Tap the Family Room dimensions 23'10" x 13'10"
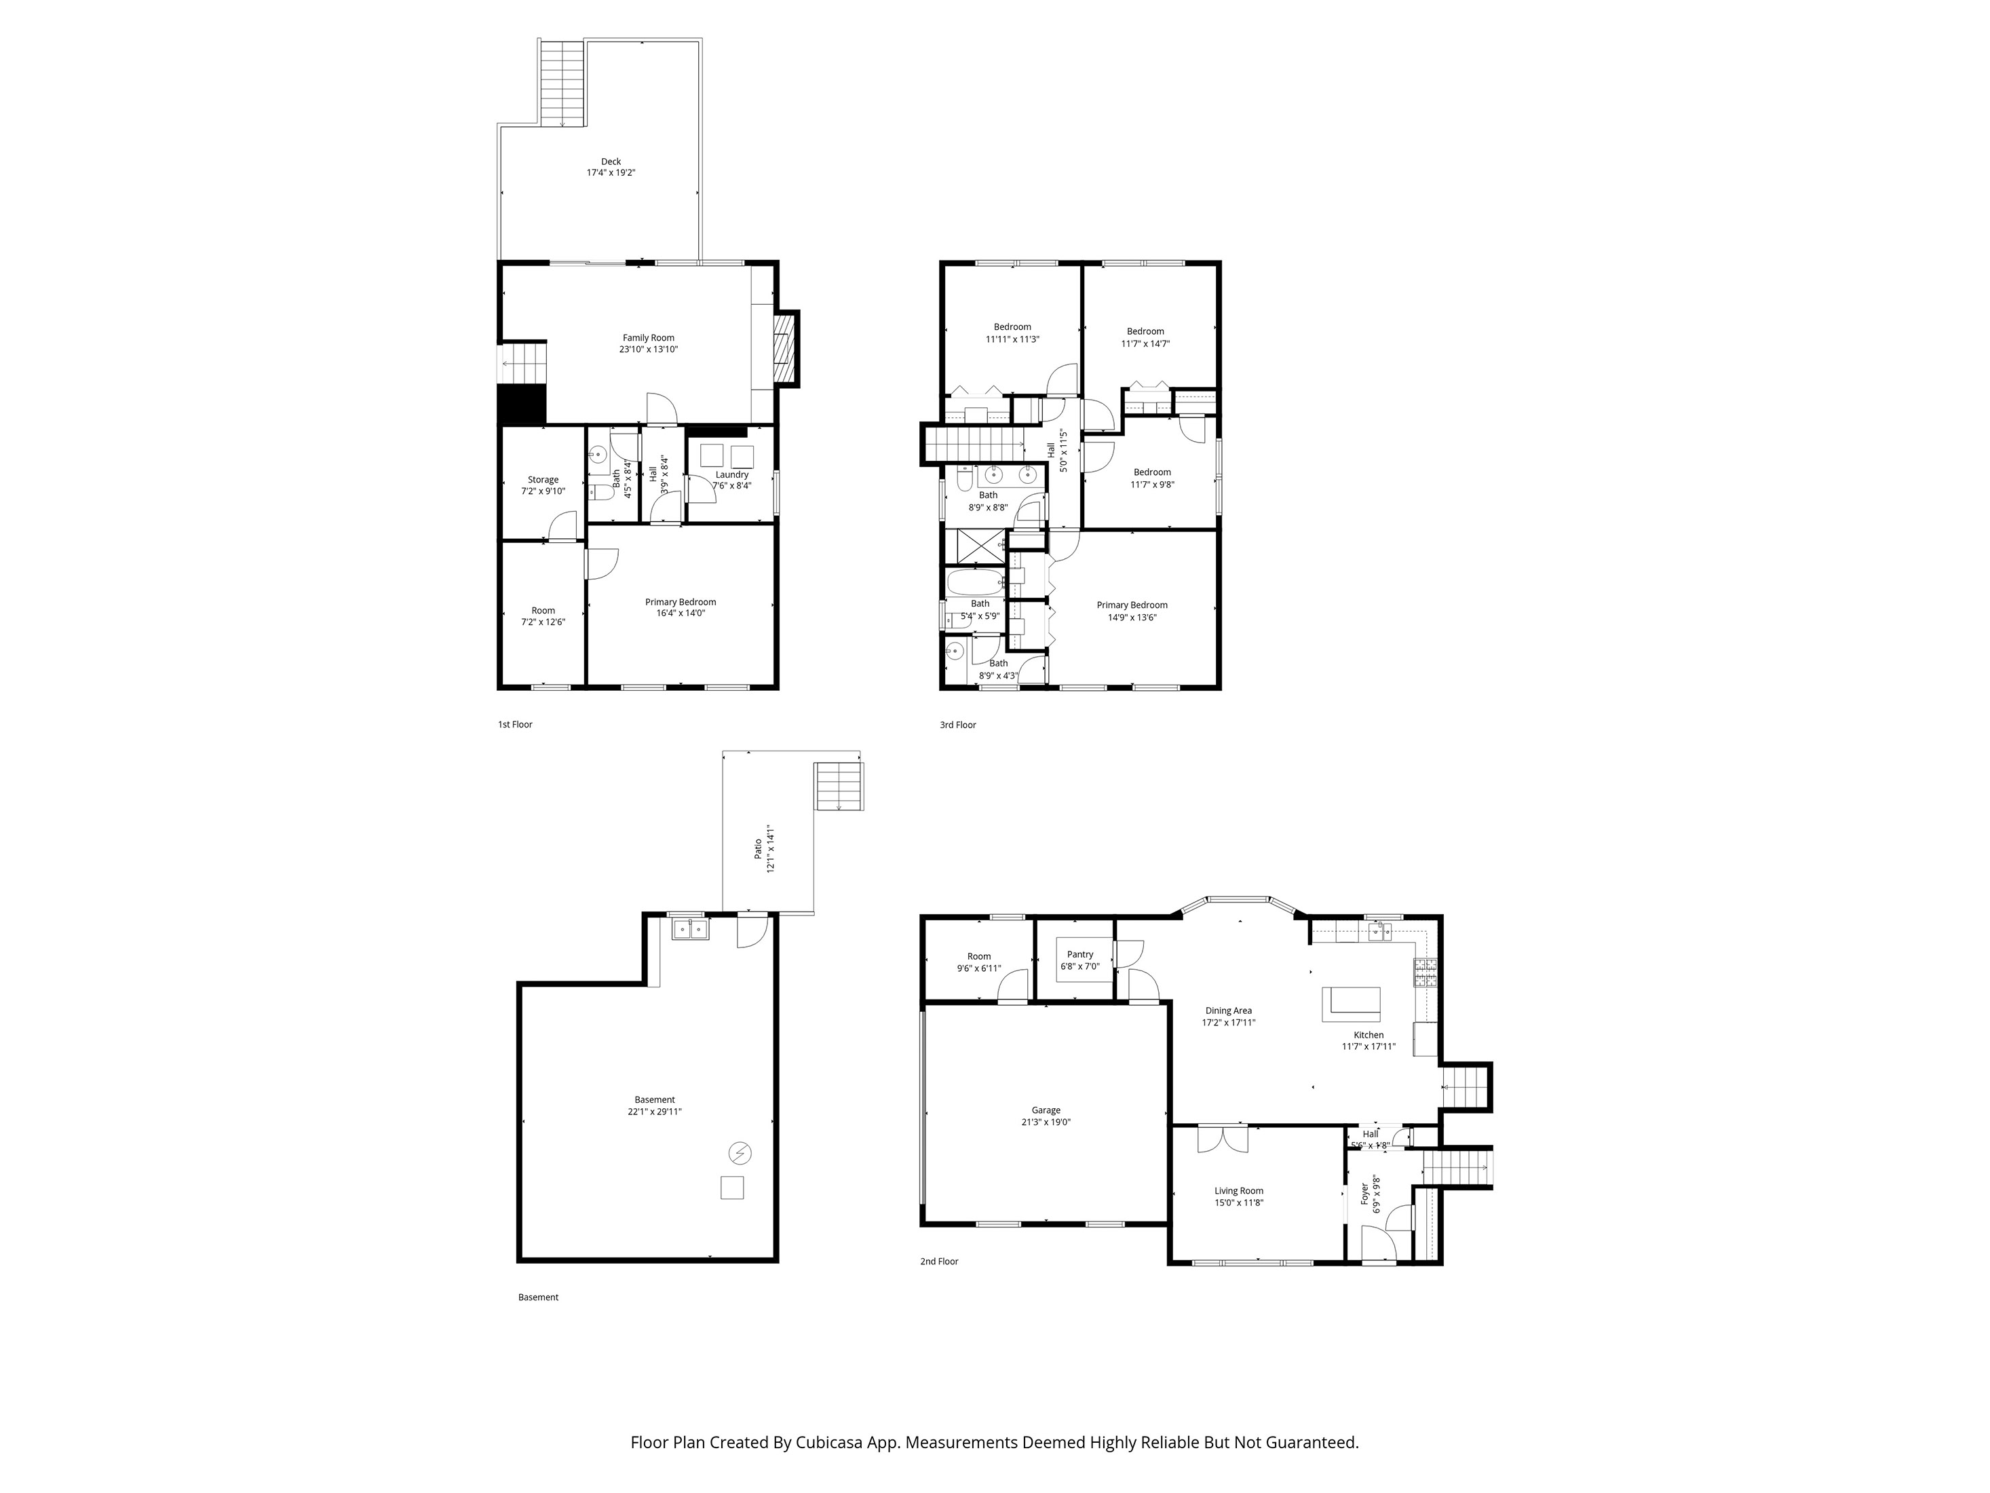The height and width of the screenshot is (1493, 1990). click(648, 349)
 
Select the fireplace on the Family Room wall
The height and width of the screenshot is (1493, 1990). click(786, 347)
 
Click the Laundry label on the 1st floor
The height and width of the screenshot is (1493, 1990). click(731, 474)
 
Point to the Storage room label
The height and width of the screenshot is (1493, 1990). click(543, 480)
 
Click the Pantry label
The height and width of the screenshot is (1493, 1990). click(1079, 954)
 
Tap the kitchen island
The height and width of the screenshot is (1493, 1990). click(1350, 1004)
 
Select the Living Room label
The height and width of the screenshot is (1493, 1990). click(1239, 1190)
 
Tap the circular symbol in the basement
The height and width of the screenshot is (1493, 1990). click(740, 1153)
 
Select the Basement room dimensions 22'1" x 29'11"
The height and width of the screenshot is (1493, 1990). click(654, 1112)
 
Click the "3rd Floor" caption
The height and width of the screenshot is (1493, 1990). click(957, 725)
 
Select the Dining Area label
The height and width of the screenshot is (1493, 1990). click(1228, 1010)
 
